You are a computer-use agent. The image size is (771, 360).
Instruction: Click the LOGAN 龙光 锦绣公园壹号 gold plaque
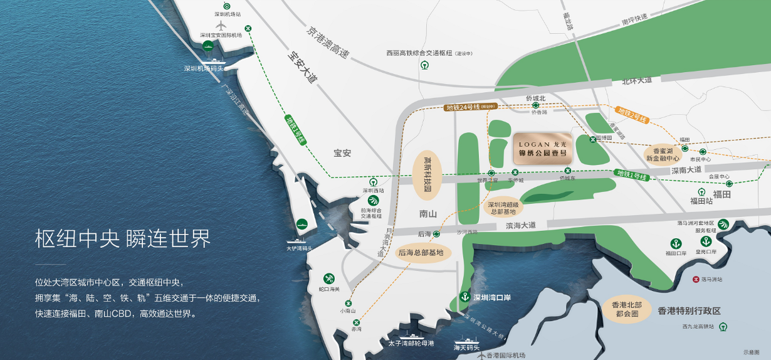[x=542, y=149]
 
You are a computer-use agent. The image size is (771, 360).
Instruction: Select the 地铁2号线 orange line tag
[x=632, y=114]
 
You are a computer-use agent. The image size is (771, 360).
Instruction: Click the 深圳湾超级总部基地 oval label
[x=503, y=208]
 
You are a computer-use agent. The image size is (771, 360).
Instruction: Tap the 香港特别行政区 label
[x=690, y=310]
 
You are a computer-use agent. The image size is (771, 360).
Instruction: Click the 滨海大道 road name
[x=521, y=225]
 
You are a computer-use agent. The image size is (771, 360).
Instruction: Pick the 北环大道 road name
[x=637, y=80]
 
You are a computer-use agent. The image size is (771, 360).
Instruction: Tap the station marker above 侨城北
[x=535, y=105]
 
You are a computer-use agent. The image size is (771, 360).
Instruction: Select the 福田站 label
[x=701, y=201]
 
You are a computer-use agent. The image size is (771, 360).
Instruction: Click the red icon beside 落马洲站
[x=695, y=279]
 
